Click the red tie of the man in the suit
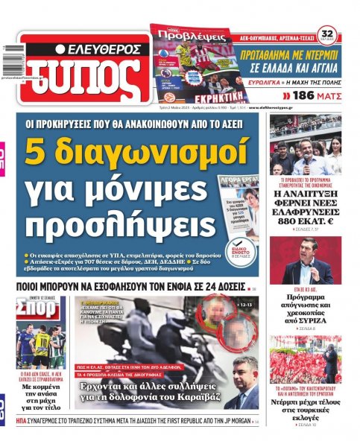tap(247, 396)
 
